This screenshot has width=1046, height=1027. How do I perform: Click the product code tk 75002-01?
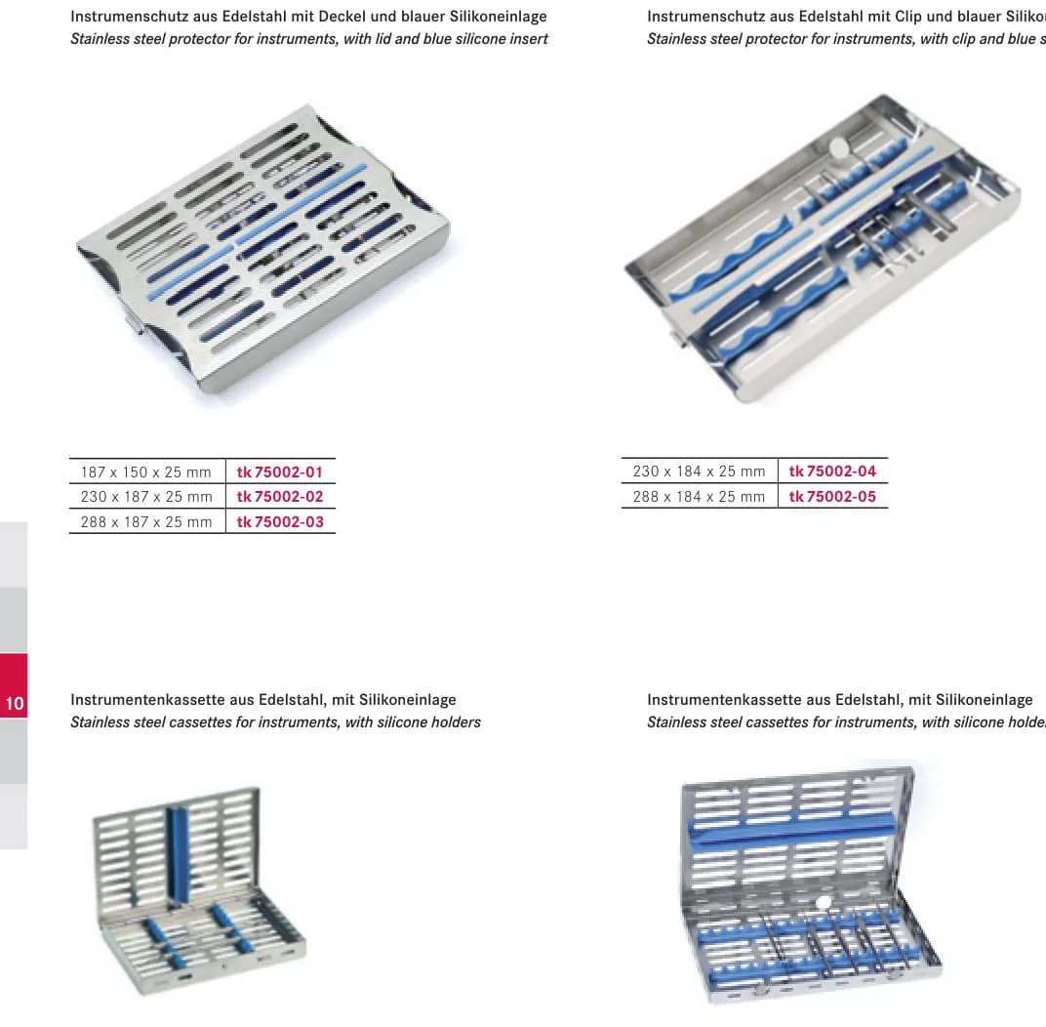coord(279,472)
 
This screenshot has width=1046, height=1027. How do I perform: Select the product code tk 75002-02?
coord(279,497)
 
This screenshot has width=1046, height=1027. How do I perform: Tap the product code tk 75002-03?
coord(279,522)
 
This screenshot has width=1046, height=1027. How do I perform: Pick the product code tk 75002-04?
coord(832,472)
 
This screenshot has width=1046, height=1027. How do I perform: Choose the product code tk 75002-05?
coord(832,497)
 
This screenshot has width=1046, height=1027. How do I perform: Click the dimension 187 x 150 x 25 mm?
coord(146,472)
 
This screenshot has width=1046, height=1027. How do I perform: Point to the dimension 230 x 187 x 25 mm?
coord(146,497)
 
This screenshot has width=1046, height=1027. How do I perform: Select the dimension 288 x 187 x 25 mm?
coord(146,522)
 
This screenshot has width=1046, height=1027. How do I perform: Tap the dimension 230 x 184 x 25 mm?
coord(699,472)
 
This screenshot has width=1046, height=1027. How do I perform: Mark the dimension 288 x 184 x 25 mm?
coord(699,497)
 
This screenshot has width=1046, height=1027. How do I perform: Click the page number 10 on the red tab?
coord(15,703)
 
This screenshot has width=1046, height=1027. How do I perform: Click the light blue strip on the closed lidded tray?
coord(257,231)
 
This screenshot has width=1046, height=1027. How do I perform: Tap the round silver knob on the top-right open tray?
coord(837,146)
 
